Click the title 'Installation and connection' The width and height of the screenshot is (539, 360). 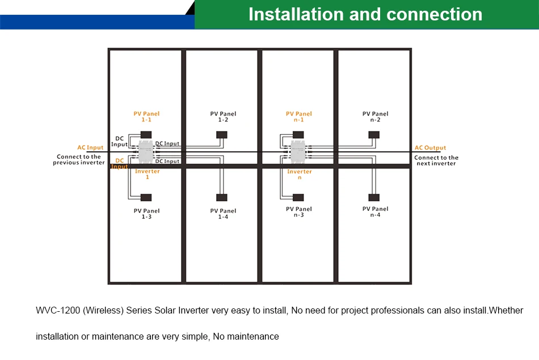tap(365, 14)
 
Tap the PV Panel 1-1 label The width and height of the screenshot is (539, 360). tap(147, 117)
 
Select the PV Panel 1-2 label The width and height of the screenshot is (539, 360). tap(223, 117)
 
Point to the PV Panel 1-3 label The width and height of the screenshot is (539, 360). tap(147, 214)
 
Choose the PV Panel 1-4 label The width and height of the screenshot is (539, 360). tap(223, 214)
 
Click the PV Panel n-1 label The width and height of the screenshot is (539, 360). tap(299, 117)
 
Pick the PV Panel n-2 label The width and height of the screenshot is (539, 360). tap(375, 117)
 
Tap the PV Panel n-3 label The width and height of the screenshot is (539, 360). tap(299, 212)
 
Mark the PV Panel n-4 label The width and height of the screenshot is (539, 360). tap(375, 212)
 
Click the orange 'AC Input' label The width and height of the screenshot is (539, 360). tap(91, 148)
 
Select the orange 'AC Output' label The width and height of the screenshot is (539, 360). tap(431, 148)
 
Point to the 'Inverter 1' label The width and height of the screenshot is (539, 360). tap(147, 174)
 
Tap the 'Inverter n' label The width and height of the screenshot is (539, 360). tap(299, 174)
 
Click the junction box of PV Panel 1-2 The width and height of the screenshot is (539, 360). tap(222, 135)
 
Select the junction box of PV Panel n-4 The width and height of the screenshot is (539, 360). tap(374, 197)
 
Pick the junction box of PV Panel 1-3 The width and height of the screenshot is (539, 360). tap(146, 197)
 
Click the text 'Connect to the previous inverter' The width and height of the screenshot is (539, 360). tap(79, 160)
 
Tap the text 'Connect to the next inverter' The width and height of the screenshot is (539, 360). tap(436, 160)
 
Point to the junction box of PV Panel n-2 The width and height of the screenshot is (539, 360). tap(374, 135)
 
